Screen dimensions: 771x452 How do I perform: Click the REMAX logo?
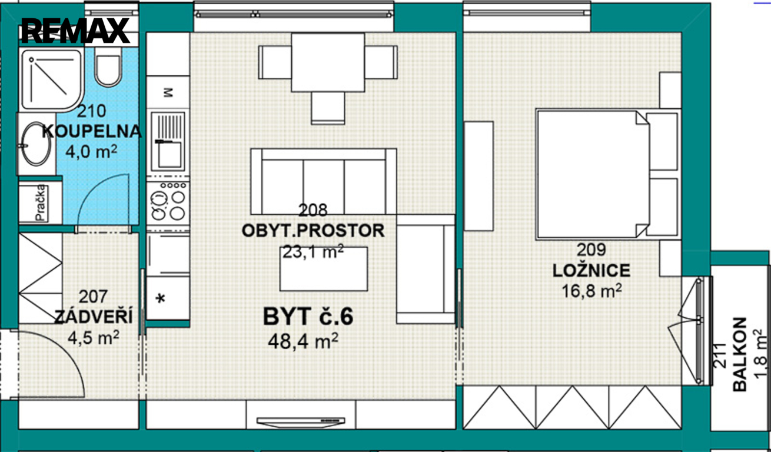[x=75, y=31]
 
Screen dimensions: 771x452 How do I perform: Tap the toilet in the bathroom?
[x=108, y=67]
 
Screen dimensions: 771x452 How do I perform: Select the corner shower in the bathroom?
[x=52, y=80]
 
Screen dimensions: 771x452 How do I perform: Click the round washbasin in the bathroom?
[x=36, y=144]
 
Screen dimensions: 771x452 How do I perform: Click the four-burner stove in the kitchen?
[x=168, y=201]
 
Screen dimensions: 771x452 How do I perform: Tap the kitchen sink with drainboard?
[x=168, y=141]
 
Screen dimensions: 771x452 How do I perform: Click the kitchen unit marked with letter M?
[x=168, y=92]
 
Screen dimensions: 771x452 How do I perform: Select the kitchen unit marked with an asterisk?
[x=168, y=298]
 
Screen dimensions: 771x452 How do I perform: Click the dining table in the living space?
[x=328, y=62]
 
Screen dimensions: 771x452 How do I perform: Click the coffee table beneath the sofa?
[x=324, y=269]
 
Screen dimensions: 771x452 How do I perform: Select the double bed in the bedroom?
[x=592, y=174]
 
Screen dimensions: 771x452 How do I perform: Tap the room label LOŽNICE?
[x=591, y=271]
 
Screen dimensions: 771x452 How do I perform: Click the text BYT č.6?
[x=308, y=317]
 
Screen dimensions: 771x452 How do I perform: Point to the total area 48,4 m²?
[x=303, y=341]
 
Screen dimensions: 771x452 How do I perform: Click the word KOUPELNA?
[x=92, y=131]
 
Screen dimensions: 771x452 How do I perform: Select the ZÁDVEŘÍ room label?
[x=93, y=316]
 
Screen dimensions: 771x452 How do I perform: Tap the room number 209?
[x=591, y=250]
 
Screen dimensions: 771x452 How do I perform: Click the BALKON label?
[x=739, y=354]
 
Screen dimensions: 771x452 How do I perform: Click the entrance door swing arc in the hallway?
[x=65, y=351]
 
